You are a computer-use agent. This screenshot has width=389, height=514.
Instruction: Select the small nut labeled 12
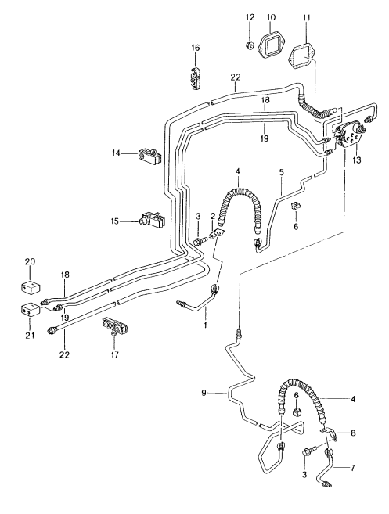250,45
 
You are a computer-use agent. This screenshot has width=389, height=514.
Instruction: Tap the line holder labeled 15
149,221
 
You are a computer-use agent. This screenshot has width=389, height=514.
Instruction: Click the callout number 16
195,49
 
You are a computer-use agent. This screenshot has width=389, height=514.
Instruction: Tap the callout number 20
30,261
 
